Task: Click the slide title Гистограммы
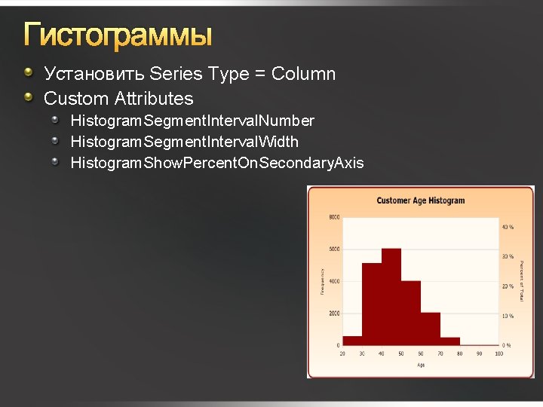[118, 35]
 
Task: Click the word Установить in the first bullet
[94, 74]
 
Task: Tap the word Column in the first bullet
[303, 74]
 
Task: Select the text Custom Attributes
[118, 99]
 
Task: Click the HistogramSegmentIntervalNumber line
[192, 121]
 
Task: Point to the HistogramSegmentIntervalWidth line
[184, 142]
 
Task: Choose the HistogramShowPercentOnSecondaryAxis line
[216, 163]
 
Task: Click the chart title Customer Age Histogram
[420, 200]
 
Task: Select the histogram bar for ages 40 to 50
[391, 298]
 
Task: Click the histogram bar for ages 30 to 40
[372, 304]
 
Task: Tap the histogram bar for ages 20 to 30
[352, 341]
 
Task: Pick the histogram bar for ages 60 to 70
[431, 329]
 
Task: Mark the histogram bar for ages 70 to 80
[450, 341]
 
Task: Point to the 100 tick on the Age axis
[499, 353]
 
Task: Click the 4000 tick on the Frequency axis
[333, 281]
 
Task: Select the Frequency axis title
[322, 281]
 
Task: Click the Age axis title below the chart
[420, 365]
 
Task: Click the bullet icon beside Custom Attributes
[28, 96]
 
